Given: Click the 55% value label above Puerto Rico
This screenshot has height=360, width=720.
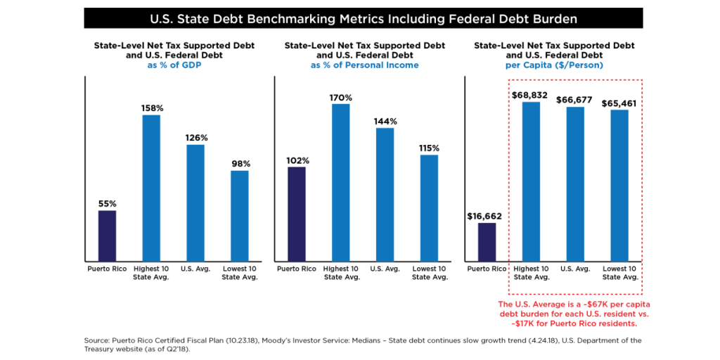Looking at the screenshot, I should pos(107,204).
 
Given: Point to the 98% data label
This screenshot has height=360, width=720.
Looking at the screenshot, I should pos(240,164).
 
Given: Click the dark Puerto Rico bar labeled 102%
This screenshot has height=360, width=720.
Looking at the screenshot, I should pos(297,214).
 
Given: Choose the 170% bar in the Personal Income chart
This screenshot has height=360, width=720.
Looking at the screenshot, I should pos(341,182).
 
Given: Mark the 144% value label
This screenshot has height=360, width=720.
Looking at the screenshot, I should pos(385,121).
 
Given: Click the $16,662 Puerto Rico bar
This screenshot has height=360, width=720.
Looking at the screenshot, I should pos(487,241).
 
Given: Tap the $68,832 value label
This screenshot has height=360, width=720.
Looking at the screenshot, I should pos(531,94).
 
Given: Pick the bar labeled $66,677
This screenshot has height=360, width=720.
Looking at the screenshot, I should pos(575,184).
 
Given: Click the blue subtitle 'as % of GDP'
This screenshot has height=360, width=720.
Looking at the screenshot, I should pos(174,65).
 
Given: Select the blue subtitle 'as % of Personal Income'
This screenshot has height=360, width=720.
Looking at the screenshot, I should pos(364,65).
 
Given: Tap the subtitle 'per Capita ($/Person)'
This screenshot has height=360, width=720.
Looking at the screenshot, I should pos(554,65).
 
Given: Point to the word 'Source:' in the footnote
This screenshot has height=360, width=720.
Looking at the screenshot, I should pos(98,340).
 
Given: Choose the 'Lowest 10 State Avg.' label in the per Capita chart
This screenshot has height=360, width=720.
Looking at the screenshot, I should pos(619,273).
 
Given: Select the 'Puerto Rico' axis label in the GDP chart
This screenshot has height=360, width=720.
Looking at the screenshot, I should pos(107,269).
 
